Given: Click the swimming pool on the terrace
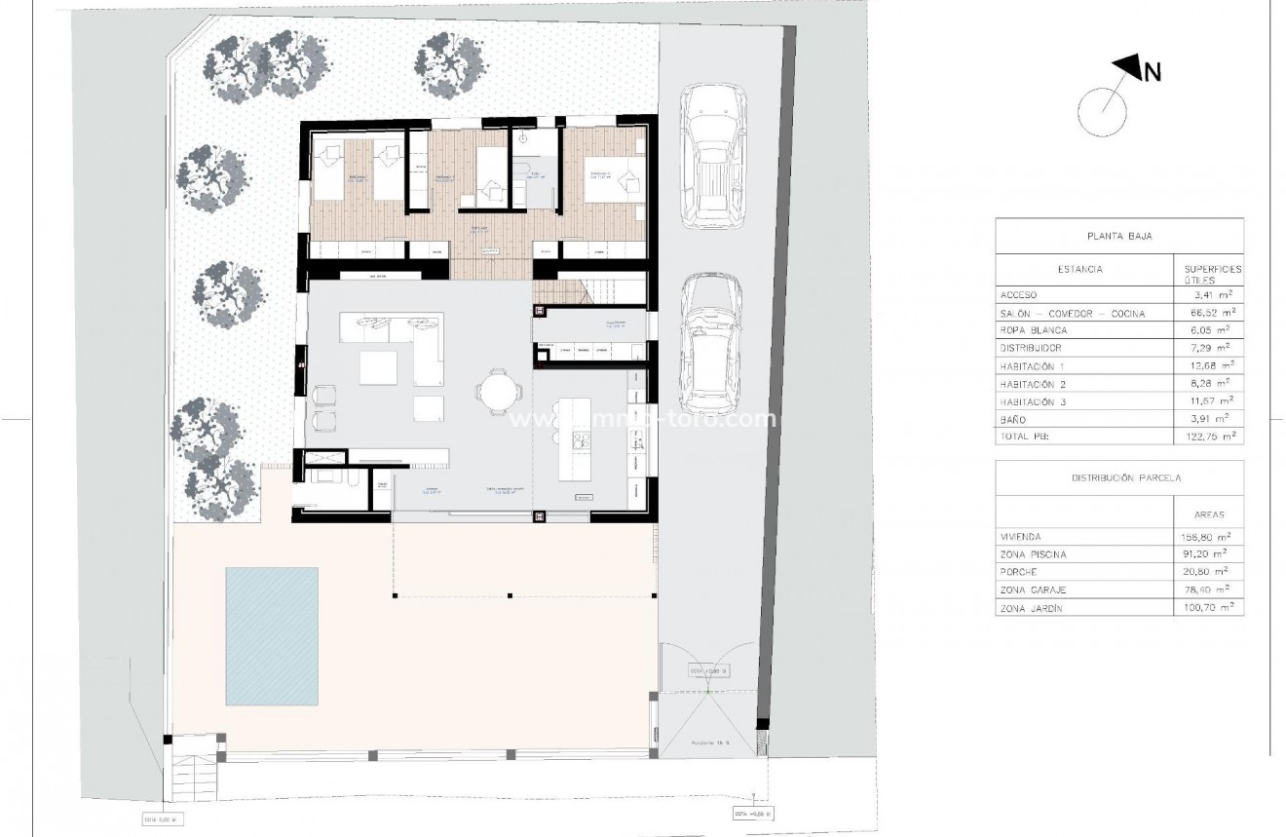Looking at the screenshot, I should (x=272, y=636).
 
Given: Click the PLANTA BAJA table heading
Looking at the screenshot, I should (x=1118, y=236).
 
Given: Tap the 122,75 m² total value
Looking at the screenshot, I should (x=1208, y=437).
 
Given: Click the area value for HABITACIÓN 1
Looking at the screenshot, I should (x=1208, y=365).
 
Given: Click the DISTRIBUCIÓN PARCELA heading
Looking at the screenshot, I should (x=1118, y=478).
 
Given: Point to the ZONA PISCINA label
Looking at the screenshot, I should (x=1033, y=554).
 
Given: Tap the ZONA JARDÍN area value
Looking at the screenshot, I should (x=1208, y=607).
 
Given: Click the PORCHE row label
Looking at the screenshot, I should (x=1019, y=572).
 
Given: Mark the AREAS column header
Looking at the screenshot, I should (x=1208, y=514).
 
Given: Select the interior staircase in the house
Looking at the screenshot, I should (x=589, y=289).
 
